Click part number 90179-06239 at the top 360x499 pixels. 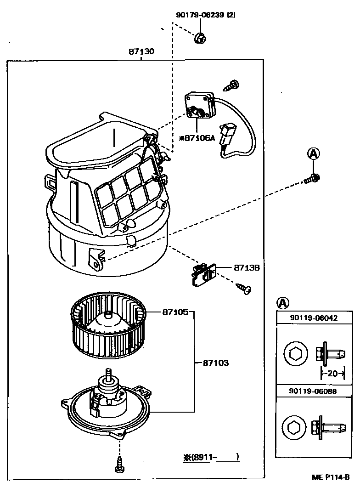(x=201, y=15)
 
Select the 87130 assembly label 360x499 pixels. (x=141, y=51)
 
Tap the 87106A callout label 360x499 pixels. (x=197, y=138)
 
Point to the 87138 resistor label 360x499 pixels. (x=247, y=267)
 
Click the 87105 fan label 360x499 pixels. (x=175, y=312)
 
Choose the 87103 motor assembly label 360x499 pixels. (x=216, y=363)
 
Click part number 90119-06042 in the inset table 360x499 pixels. (x=314, y=318)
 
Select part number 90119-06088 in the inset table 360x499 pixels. (x=313, y=391)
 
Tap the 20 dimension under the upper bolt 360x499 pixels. (x=332, y=373)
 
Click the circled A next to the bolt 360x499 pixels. (x=313, y=154)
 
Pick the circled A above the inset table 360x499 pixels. (x=283, y=303)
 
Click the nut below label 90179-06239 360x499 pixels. (x=200, y=38)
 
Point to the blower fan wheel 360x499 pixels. (x=108, y=325)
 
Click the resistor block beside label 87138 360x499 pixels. (x=203, y=274)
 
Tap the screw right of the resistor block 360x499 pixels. (x=244, y=288)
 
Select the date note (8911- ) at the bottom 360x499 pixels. (x=211, y=457)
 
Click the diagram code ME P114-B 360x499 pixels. (x=331, y=477)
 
